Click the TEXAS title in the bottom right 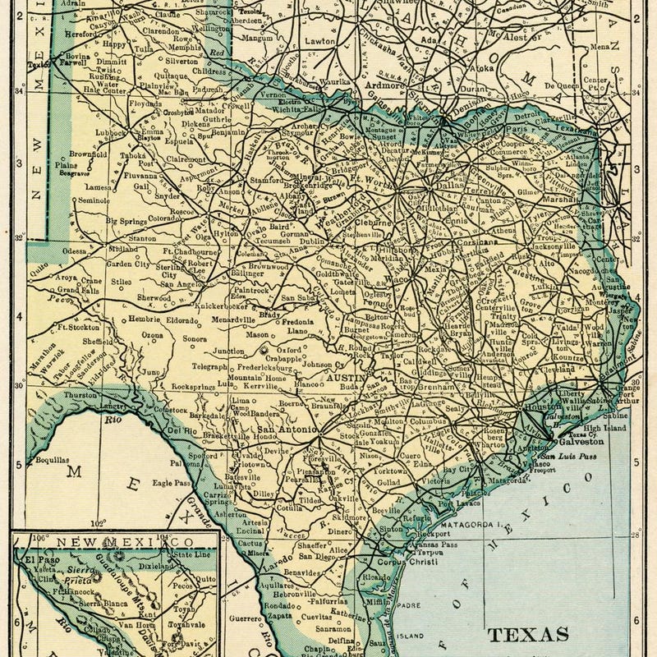click(x=529, y=634)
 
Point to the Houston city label click(x=543, y=407)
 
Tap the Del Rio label click(x=180, y=430)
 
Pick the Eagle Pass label click(x=192, y=484)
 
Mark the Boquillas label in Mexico click(x=53, y=461)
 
